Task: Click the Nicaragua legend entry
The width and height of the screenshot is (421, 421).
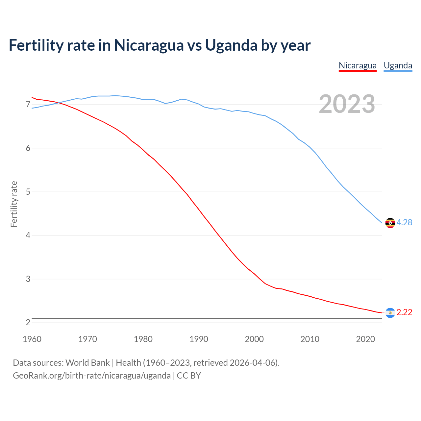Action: [x=358, y=65]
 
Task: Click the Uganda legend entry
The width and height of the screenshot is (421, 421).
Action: [x=398, y=65]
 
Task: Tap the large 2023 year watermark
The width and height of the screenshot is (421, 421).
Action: [x=347, y=104]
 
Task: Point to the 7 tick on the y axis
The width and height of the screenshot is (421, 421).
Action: [x=28, y=105]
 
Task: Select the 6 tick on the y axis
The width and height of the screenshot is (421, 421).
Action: [x=28, y=148]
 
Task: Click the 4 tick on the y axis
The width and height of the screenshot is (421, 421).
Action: [x=28, y=235]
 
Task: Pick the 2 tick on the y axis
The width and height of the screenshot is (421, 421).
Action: [x=28, y=323]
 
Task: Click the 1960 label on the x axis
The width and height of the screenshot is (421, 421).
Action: [x=32, y=339]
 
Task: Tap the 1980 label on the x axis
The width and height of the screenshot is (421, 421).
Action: [x=143, y=339]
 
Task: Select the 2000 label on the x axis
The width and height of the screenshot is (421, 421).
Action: [x=254, y=339]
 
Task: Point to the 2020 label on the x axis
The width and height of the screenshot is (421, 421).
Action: [x=365, y=339]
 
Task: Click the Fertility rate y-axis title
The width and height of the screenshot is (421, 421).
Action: [x=14, y=204]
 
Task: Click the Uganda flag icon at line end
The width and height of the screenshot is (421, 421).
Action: [x=390, y=223]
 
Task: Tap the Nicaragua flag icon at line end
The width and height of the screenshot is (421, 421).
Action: [x=390, y=313]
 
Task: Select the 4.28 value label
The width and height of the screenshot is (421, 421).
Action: [x=404, y=223]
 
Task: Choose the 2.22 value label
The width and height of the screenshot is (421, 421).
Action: [x=404, y=312]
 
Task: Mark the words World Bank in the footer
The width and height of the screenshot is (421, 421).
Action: [x=87, y=363]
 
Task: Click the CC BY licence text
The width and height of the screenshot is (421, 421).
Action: [x=189, y=376]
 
